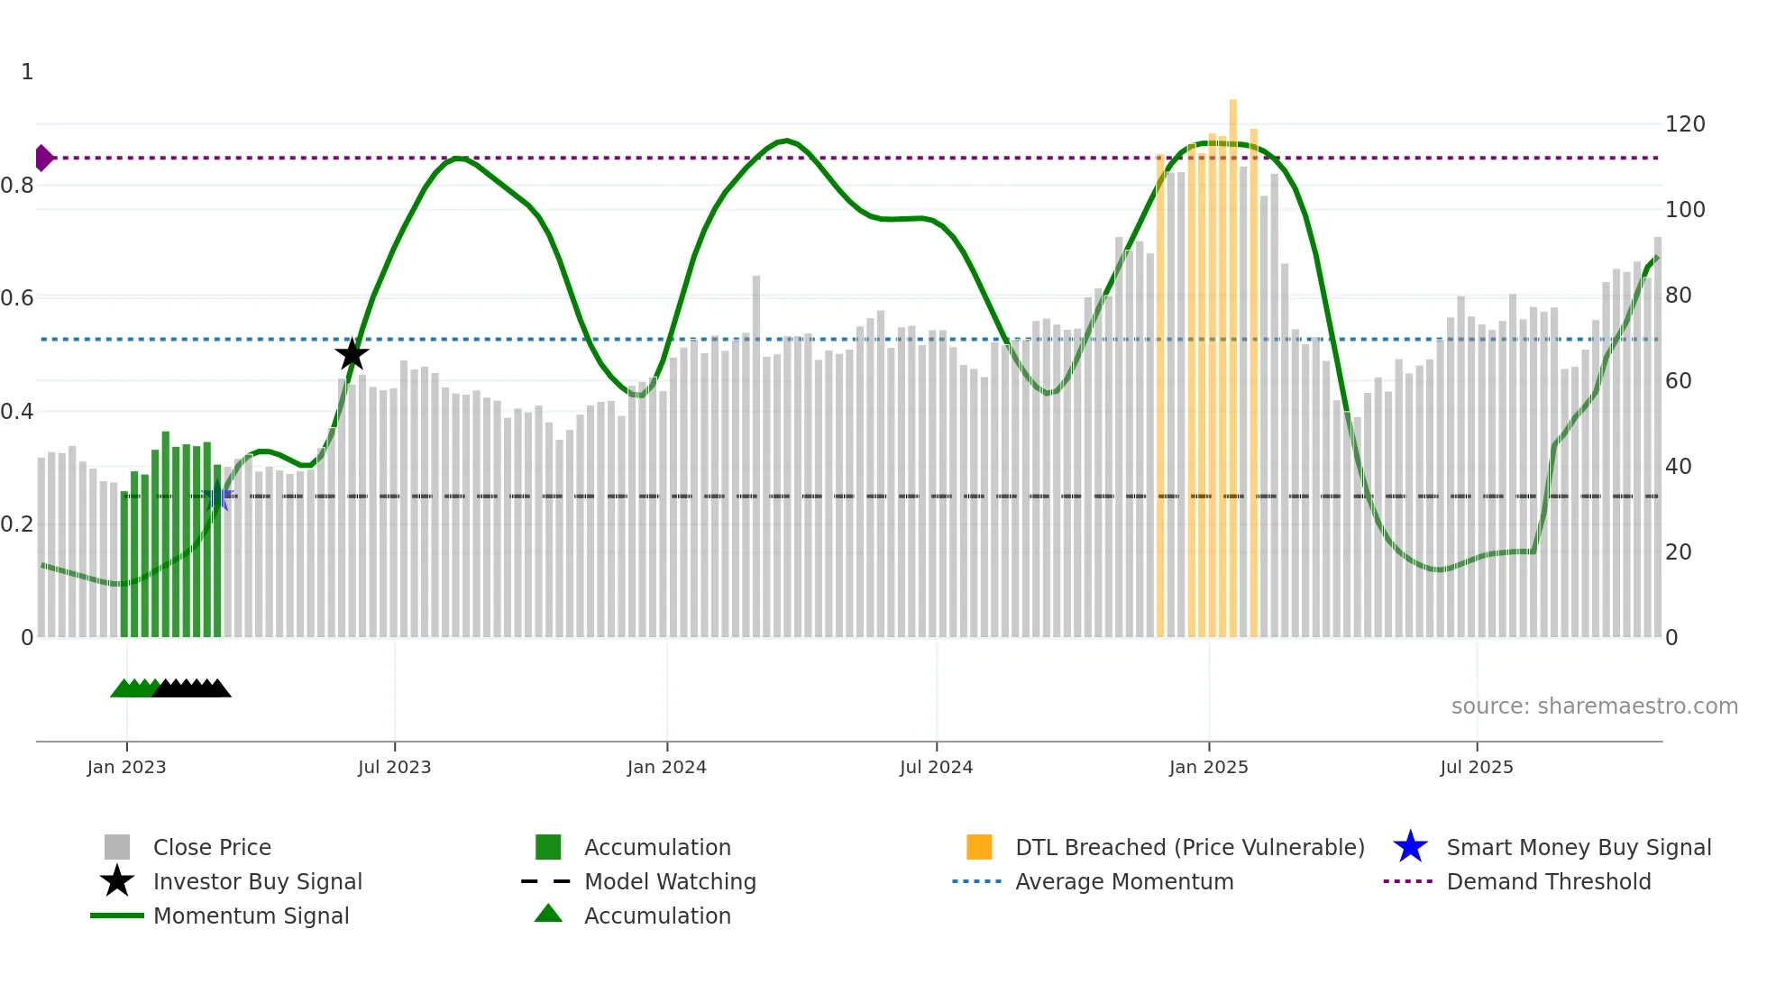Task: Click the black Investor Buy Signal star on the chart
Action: pos(352,354)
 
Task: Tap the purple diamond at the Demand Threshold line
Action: pos(43,158)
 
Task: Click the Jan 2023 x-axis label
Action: pos(126,767)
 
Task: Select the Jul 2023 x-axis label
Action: pos(394,767)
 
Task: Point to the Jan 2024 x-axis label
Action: pos(666,767)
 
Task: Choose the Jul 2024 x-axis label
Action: pos(936,767)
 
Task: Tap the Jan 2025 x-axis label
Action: pos(1208,767)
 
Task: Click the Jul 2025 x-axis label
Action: pos(1476,767)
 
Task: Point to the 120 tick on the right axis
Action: pos(1684,124)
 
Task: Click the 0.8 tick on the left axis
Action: pos(18,186)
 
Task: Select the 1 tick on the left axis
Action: pos(27,72)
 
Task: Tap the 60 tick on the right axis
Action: pos(1678,381)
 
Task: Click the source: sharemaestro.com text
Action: pos(1594,706)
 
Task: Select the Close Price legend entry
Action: pos(212,847)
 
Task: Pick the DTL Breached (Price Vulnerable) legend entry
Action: pos(1189,847)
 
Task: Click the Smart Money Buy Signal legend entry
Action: pos(1578,847)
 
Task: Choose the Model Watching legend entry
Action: pos(670,881)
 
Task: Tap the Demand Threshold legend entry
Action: pos(1548,881)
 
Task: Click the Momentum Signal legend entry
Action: pos(251,916)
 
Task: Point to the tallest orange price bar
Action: pos(1232,360)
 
